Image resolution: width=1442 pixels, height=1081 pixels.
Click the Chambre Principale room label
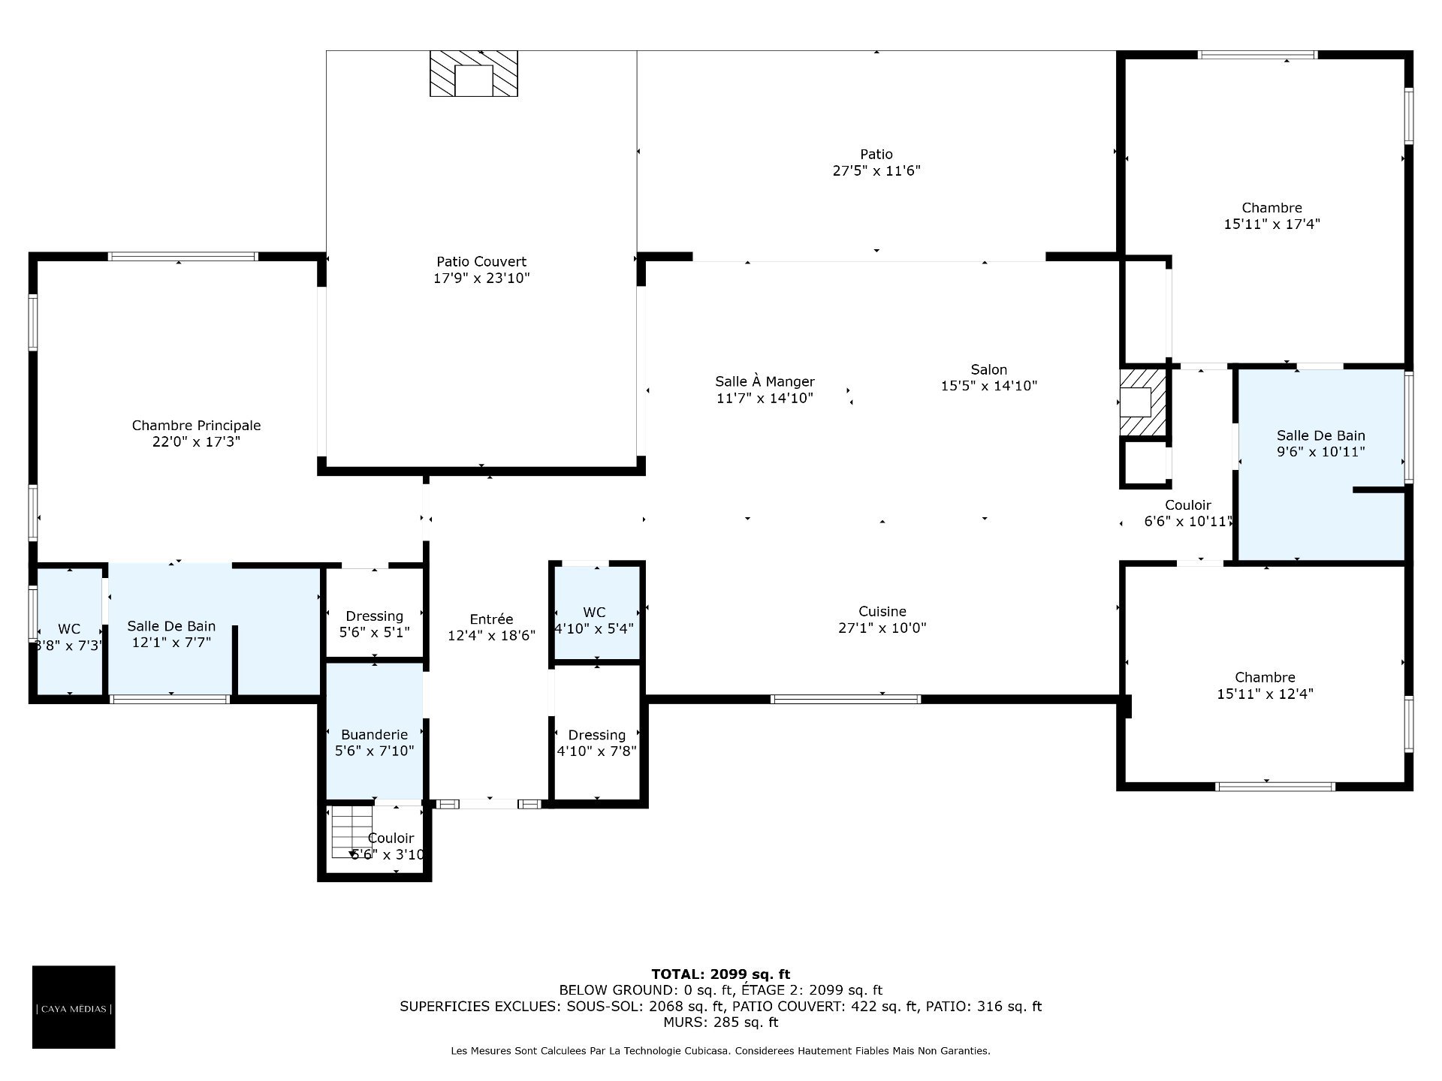pyautogui.click(x=196, y=426)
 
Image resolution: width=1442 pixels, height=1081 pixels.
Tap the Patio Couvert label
pyautogui.click(x=481, y=262)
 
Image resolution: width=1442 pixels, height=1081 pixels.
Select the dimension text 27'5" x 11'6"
pyautogui.click(x=876, y=171)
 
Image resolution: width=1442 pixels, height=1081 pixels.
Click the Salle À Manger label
pyautogui.click(x=765, y=381)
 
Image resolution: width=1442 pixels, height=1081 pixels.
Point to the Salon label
pyautogui.click(x=988, y=369)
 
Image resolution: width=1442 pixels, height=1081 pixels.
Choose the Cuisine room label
pyautogui.click(x=882, y=612)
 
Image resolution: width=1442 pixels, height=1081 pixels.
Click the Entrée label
pyautogui.click(x=491, y=619)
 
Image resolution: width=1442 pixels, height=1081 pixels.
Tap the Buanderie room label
pyautogui.click(x=374, y=735)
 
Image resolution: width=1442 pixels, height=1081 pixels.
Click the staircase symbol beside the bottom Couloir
pyautogui.click(x=352, y=832)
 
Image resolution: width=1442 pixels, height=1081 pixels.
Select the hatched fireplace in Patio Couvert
pyautogui.click(x=473, y=74)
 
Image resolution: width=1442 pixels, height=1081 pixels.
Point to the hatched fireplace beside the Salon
pyautogui.click(x=1142, y=402)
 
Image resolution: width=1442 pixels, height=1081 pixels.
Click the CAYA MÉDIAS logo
pyautogui.click(x=74, y=1007)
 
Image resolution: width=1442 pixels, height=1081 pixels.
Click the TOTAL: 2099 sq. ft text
pyautogui.click(x=720, y=974)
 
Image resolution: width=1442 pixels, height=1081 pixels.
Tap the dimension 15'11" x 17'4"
pyautogui.click(x=1272, y=224)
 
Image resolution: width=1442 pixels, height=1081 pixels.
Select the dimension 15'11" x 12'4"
pyautogui.click(x=1265, y=694)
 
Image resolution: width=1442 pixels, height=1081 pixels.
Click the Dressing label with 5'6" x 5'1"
pyautogui.click(x=374, y=617)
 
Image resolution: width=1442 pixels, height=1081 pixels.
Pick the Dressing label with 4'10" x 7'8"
pyautogui.click(x=596, y=735)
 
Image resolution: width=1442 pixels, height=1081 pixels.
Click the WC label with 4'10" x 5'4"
pyautogui.click(x=594, y=613)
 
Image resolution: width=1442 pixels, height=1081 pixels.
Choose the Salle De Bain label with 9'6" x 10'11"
pyautogui.click(x=1320, y=435)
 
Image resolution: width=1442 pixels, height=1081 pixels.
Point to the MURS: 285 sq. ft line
pyautogui.click(x=720, y=1022)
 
